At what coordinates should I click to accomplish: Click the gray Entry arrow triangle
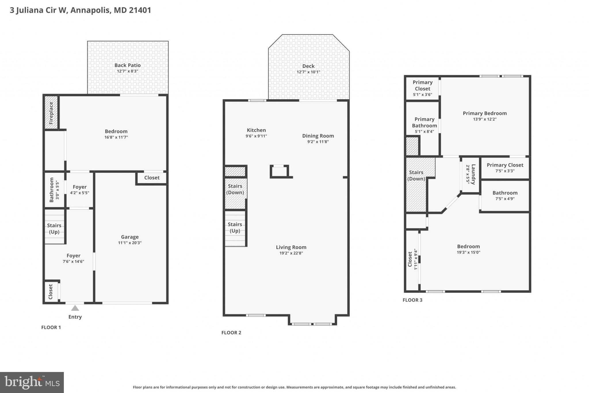75,308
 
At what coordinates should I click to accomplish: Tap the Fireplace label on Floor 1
51,113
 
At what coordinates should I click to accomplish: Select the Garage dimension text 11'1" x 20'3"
130,243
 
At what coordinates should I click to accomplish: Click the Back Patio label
127,65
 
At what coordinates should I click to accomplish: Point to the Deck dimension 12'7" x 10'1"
308,72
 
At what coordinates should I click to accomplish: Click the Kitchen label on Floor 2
256,130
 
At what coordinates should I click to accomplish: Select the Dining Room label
318,136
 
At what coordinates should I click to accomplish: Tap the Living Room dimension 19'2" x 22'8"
291,253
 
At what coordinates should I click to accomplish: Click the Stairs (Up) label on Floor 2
235,227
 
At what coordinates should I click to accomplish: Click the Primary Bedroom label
485,113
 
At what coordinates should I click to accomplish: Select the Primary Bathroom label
424,122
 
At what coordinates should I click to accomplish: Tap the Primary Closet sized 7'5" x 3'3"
505,165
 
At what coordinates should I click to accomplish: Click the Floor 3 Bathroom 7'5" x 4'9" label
505,193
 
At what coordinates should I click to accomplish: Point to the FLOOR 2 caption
231,333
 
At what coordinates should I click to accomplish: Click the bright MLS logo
32,382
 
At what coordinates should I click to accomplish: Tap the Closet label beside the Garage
152,178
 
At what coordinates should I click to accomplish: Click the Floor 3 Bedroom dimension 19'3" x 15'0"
468,252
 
